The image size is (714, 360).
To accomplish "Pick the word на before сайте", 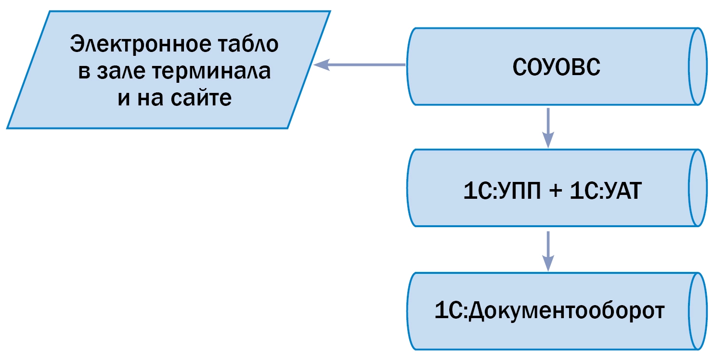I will [152, 98].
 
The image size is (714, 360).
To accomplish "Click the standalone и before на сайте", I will [123, 98].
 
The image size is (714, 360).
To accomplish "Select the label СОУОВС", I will [556, 67].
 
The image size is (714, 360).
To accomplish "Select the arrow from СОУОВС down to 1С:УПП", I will [548, 128].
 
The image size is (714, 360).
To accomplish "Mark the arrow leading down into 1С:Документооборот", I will [548, 250].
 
